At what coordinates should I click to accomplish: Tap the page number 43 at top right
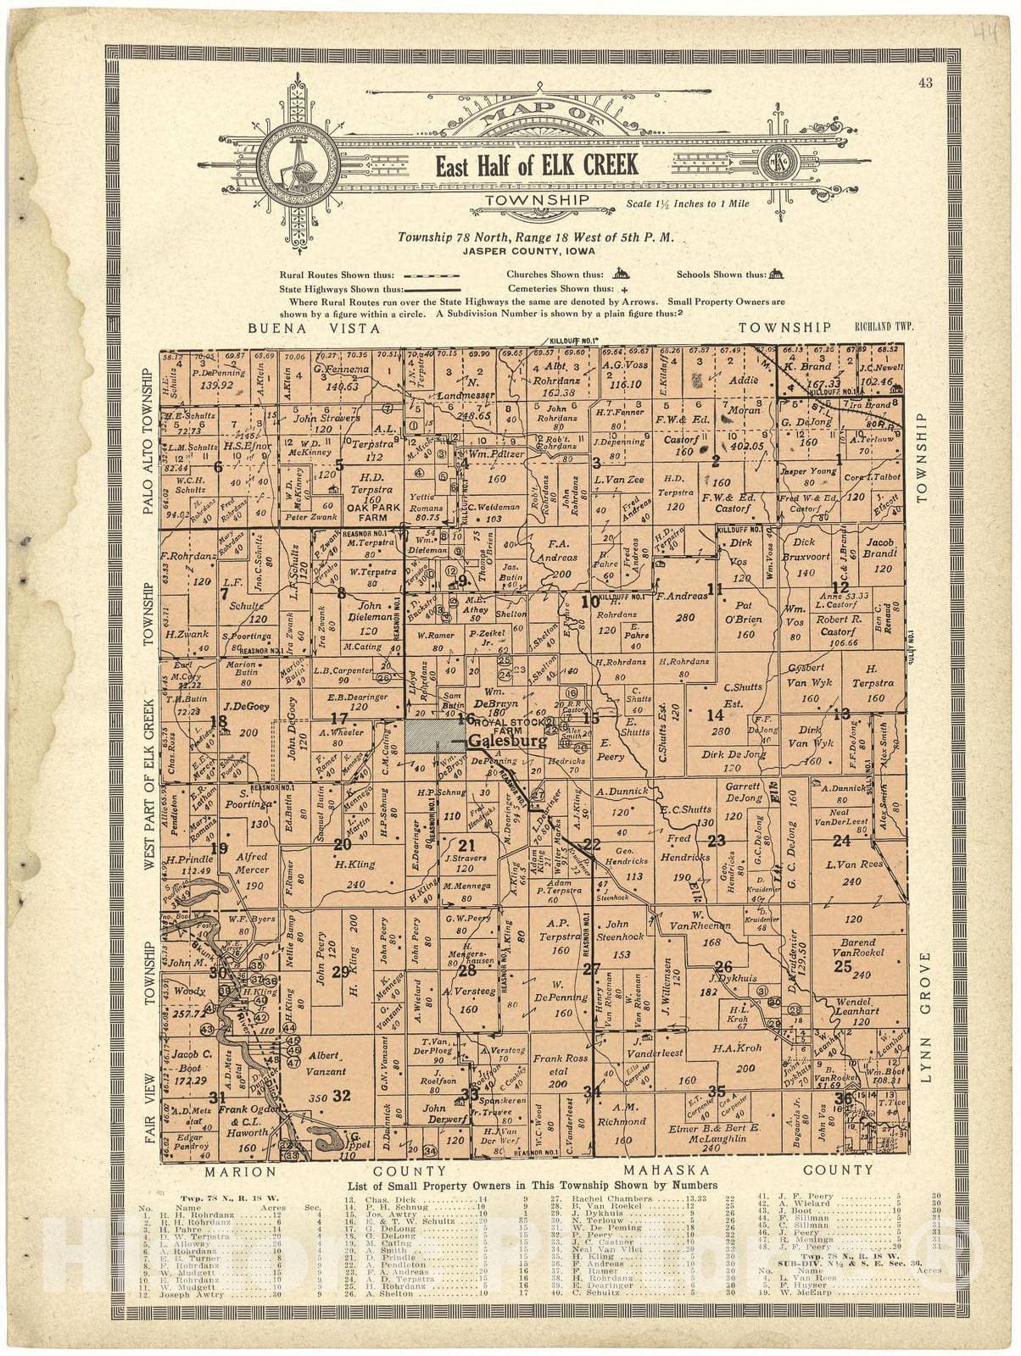coord(924,82)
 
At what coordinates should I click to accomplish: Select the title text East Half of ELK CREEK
coord(537,165)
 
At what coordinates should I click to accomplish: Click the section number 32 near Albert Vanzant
coord(342,1095)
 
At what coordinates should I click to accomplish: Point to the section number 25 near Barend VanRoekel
coord(842,965)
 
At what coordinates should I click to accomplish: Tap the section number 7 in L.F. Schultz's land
coord(224,593)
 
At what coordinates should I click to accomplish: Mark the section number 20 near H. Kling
coord(343,843)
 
